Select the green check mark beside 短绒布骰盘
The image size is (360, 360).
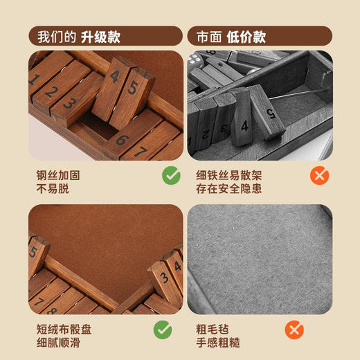pos(162,330)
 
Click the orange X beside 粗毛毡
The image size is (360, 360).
pos(294,330)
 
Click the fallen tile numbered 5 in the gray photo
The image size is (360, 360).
pos(271,110)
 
